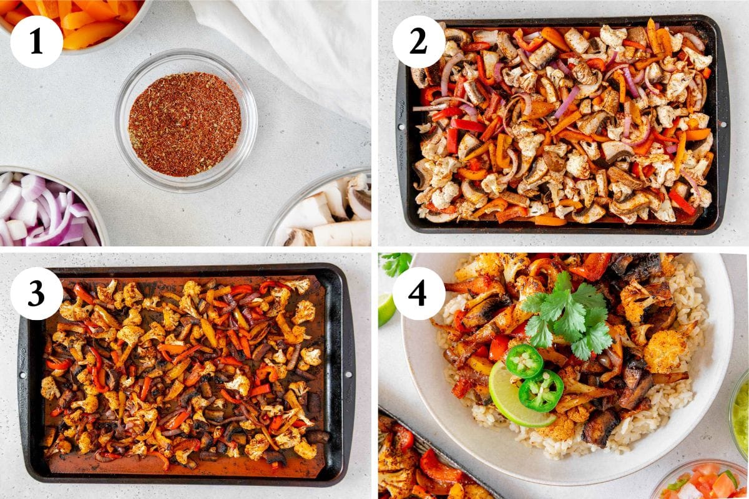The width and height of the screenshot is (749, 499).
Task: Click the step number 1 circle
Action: pos(36,42)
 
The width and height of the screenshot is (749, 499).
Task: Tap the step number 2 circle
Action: pos(418,42)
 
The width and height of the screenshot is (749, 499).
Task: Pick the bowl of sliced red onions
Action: pos(44,209)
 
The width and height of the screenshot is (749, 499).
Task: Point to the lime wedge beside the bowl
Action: pos(386,309)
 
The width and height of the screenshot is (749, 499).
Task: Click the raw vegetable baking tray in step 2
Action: pos(562,125)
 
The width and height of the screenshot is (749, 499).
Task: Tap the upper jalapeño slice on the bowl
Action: pos(524,361)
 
